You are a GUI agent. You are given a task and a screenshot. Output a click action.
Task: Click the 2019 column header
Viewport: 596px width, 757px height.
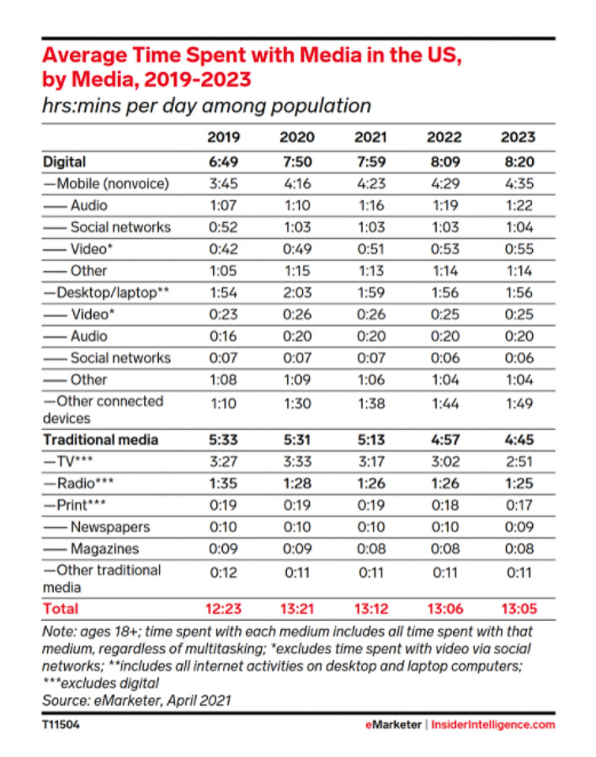pyautogui.click(x=223, y=137)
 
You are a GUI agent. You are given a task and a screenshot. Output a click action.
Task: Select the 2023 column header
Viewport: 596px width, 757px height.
pyautogui.click(x=519, y=137)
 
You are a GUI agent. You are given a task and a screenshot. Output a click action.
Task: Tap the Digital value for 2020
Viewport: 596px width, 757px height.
pyautogui.click(x=297, y=161)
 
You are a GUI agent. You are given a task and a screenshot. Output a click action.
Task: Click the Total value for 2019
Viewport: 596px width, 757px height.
pyautogui.click(x=223, y=609)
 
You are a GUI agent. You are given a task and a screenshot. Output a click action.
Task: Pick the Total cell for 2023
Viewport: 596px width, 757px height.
pyautogui.click(x=519, y=609)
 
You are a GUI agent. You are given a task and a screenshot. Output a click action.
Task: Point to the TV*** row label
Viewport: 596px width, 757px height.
pyautogui.click(x=68, y=462)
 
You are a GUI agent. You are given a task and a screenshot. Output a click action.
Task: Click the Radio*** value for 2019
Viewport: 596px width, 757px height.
pyautogui.click(x=223, y=484)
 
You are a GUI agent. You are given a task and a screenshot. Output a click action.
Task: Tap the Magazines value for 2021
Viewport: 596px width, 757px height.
pyautogui.click(x=371, y=548)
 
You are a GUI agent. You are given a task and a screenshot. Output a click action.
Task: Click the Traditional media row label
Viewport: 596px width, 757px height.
pyautogui.click(x=100, y=440)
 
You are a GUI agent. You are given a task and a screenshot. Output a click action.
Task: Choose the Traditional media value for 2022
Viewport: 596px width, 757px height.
pyautogui.click(x=445, y=440)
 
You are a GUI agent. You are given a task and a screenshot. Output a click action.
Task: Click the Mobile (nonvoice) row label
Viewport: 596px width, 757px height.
pyautogui.click(x=106, y=184)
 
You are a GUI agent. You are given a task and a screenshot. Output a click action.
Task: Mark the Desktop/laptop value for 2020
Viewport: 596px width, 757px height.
pyautogui.click(x=297, y=293)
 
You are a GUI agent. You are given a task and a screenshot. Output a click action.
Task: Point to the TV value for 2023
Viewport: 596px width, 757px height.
pyautogui.click(x=519, y=462)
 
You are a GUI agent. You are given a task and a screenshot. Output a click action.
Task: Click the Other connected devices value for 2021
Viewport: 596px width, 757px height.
pyautogui.click(x=371, y=404)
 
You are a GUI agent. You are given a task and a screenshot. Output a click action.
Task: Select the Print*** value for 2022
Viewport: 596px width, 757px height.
pyautogui.click(x=445, y=505)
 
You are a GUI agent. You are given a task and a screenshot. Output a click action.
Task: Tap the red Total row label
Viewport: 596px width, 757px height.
pyautogui.click(x=61, y=609)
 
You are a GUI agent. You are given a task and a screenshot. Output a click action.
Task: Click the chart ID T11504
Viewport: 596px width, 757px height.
pyautogui.click(x=61, y=725)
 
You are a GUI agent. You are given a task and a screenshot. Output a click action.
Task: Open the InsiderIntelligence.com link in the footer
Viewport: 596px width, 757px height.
pyautogui.click(x=493, y=725)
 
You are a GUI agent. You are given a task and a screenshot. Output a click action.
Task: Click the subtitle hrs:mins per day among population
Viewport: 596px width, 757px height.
pyautogui.click(x=207, y=106)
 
